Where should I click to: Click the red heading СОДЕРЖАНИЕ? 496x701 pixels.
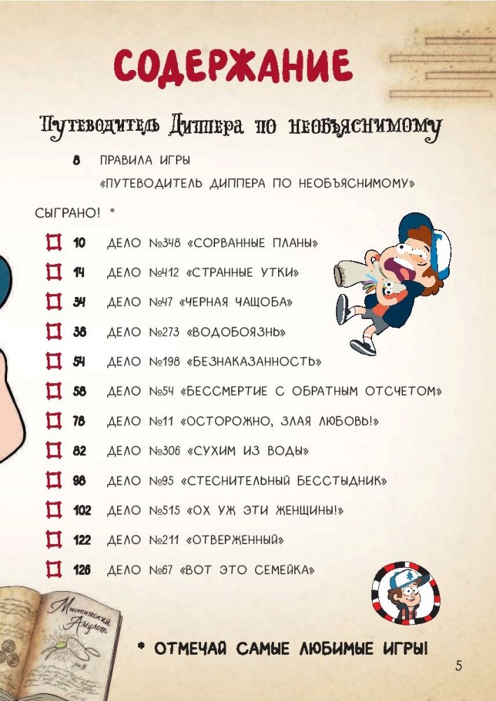point(233,68)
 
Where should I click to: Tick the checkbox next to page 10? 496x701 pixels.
point(54,243)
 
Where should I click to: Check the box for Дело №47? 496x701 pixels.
point(54,303)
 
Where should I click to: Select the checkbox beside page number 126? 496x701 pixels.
point(54,570)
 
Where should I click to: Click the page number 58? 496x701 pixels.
point(80,391)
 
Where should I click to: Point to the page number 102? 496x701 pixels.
point(82,511)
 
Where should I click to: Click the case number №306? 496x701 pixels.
point(165,451)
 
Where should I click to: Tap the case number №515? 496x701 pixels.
point(165,511)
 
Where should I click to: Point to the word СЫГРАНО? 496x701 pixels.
point(67,214)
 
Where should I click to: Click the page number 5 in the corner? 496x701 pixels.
point(458,665)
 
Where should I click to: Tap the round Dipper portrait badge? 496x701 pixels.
point(406,593)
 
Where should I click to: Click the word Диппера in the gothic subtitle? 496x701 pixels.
point(206,127)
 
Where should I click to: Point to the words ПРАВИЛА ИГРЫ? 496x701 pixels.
point(145,160)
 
